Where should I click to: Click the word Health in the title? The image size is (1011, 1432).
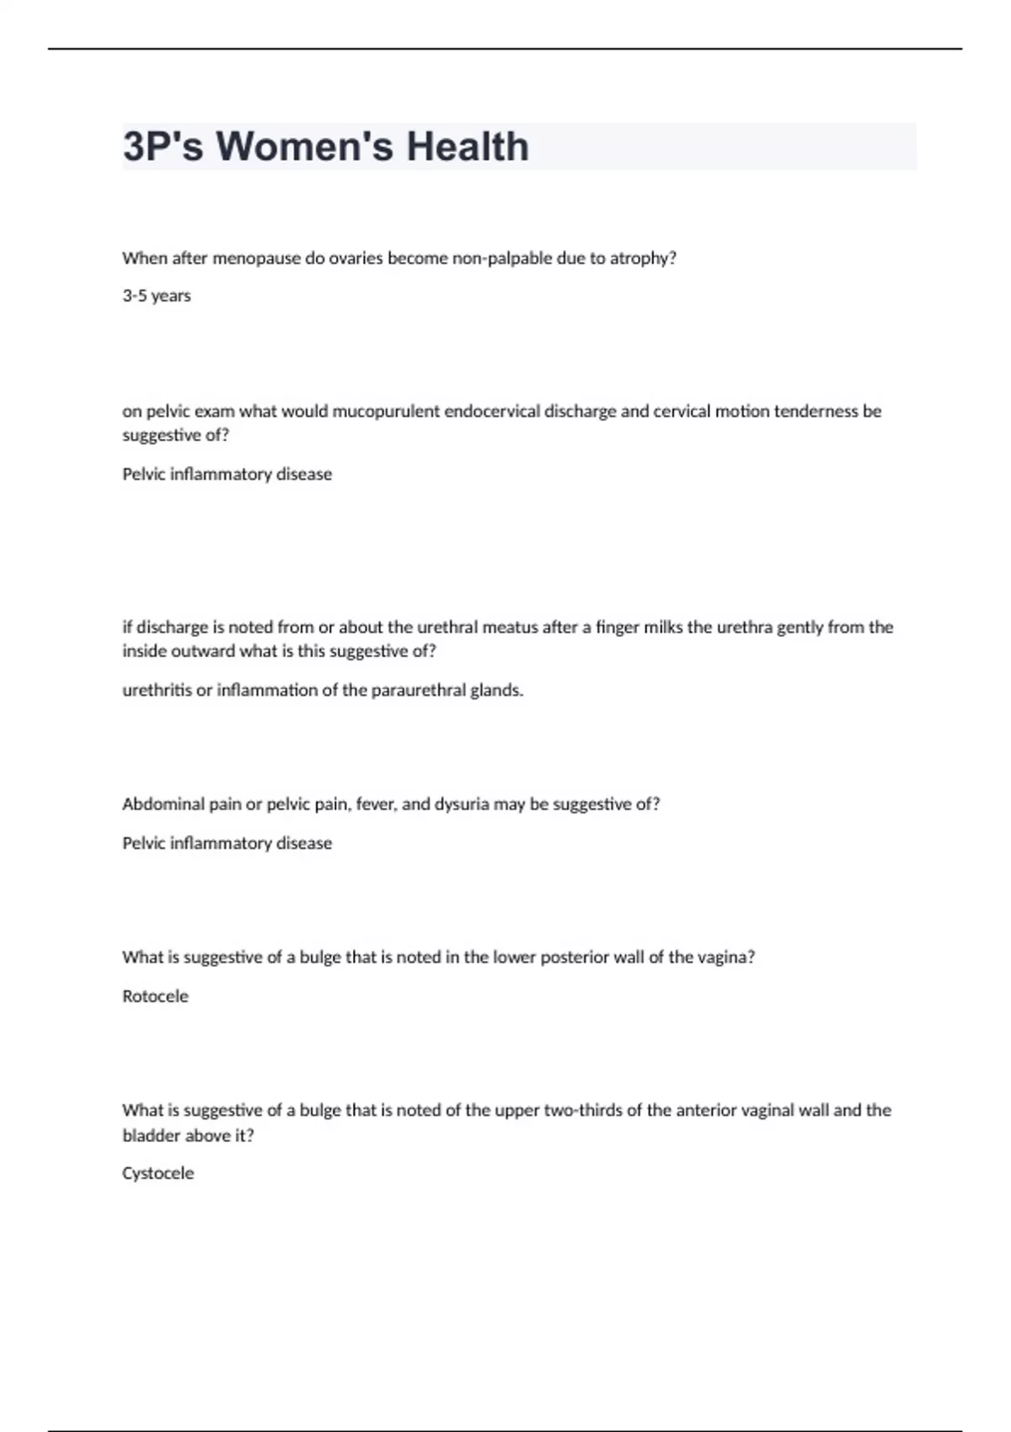tap(468, 147)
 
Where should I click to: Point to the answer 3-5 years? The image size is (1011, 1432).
tap(157, 296)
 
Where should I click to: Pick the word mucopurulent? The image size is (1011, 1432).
tap(386, 412)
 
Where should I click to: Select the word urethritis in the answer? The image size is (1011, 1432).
tap(157, 691)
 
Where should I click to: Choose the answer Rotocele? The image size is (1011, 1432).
tap(156, 997)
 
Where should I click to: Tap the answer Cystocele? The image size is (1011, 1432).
tap(158, 1173)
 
